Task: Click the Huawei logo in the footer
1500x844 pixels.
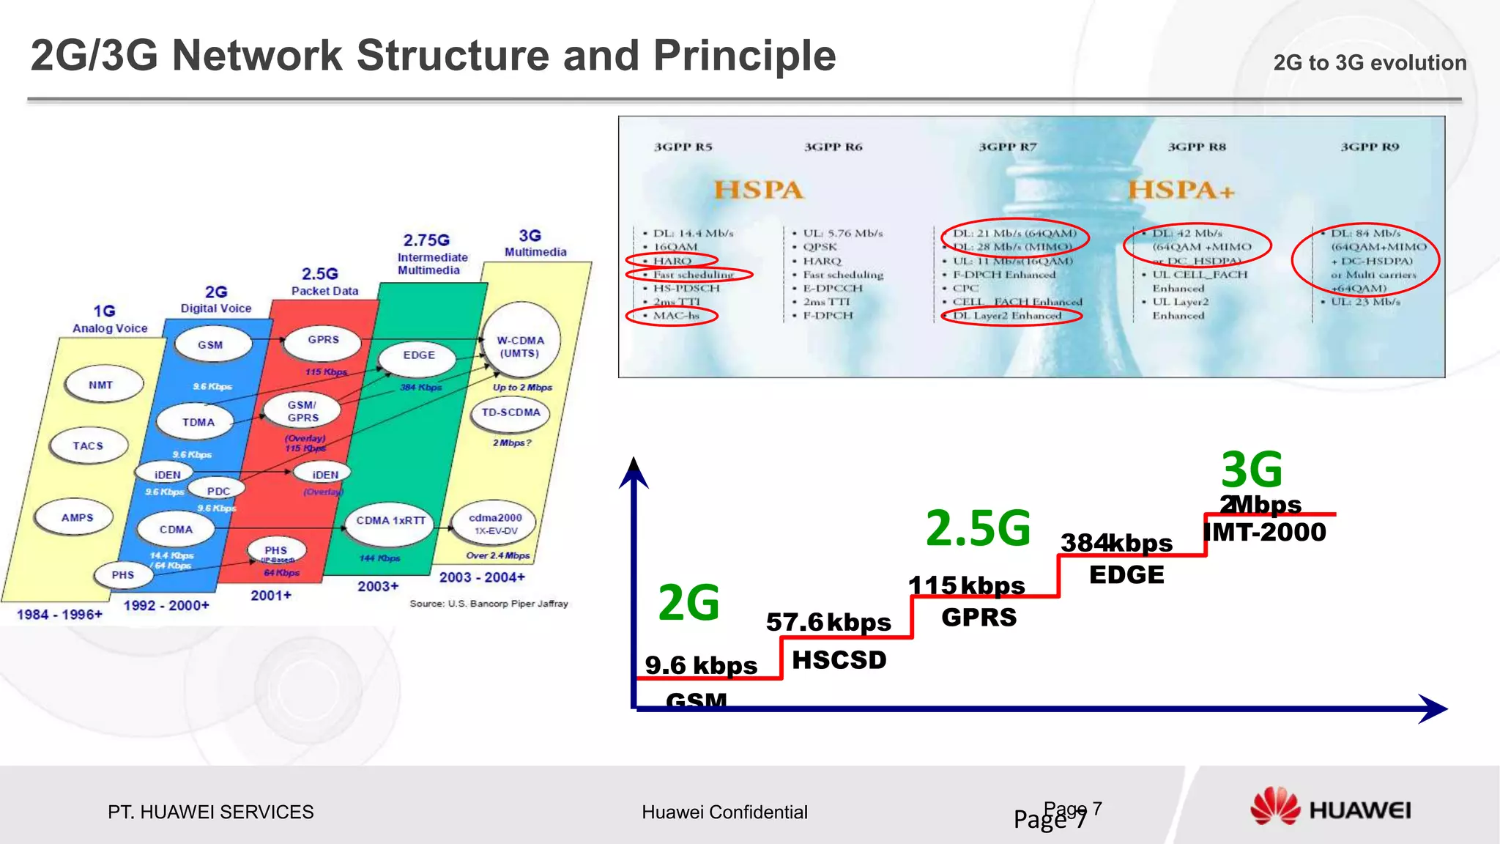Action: (x=1330, y=809)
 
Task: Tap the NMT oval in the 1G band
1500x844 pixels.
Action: (x=102, y=385)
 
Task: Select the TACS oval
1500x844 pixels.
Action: (x=89, y=445)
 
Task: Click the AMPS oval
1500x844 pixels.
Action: (x=78, y=517)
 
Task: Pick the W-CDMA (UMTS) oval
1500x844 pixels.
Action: (x=520, y=347)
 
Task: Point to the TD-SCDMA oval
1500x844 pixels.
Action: (x=510, y=413)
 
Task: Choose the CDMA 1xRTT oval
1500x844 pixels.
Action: (x=390, y=521)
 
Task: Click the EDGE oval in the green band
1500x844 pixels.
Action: (x=418, y=355)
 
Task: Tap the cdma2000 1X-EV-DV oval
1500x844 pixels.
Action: (x=495, y=523)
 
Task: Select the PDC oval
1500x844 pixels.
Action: (x=218, y=491)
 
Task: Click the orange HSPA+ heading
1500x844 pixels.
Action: (x=1181, y=190)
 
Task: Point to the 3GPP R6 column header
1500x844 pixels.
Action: (x=833, y=147)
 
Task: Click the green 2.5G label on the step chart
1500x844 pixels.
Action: (x=978, y=528)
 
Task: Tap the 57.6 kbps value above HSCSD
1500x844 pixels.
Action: (x=828, y=623)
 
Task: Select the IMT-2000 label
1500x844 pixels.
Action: (x=1265, y=533)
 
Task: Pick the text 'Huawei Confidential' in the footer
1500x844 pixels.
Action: (x=724, y=812)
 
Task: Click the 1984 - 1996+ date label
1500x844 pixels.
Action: (x=60, y=614)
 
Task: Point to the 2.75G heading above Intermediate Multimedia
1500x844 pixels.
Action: (x=426, y=240)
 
